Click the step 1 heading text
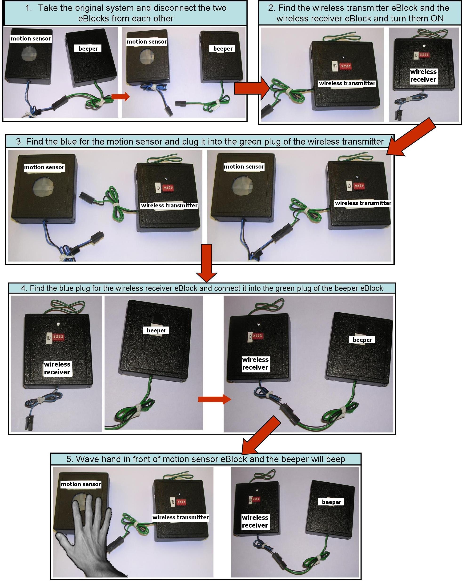(x=125, y=13)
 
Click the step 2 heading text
(x=360, y=13)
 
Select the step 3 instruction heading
(x=200, y=141)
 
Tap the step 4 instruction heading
(x=202, y=288)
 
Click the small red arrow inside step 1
(x=121, y=97)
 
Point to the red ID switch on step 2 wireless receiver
(x=424, y=56)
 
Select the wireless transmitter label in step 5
(x=181, y=517)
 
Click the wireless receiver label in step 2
(x=423, y=76)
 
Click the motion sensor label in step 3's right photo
(x=244, y=166)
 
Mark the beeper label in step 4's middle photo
(x=157, y=330)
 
